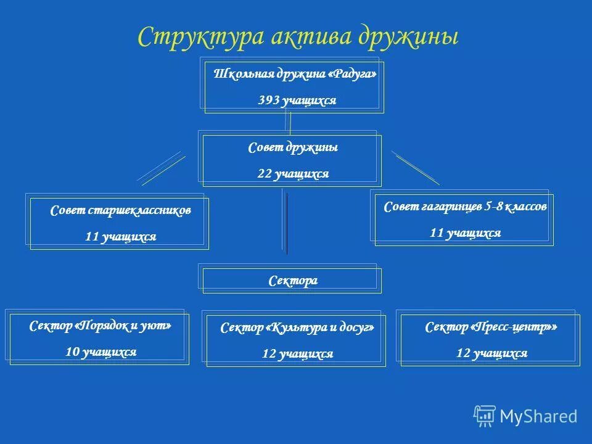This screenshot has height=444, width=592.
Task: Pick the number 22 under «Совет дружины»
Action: [x=265, y=175]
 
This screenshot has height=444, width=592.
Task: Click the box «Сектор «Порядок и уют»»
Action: [x=99, y=339]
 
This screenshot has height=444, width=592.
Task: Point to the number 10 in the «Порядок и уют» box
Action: [x=72, y=352]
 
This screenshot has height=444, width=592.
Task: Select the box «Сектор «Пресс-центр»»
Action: [x=490, y=340]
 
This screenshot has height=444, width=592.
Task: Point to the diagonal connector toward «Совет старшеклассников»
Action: [x=162, y=168]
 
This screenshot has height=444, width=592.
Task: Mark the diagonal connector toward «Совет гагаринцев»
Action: [x=416, y=167]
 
